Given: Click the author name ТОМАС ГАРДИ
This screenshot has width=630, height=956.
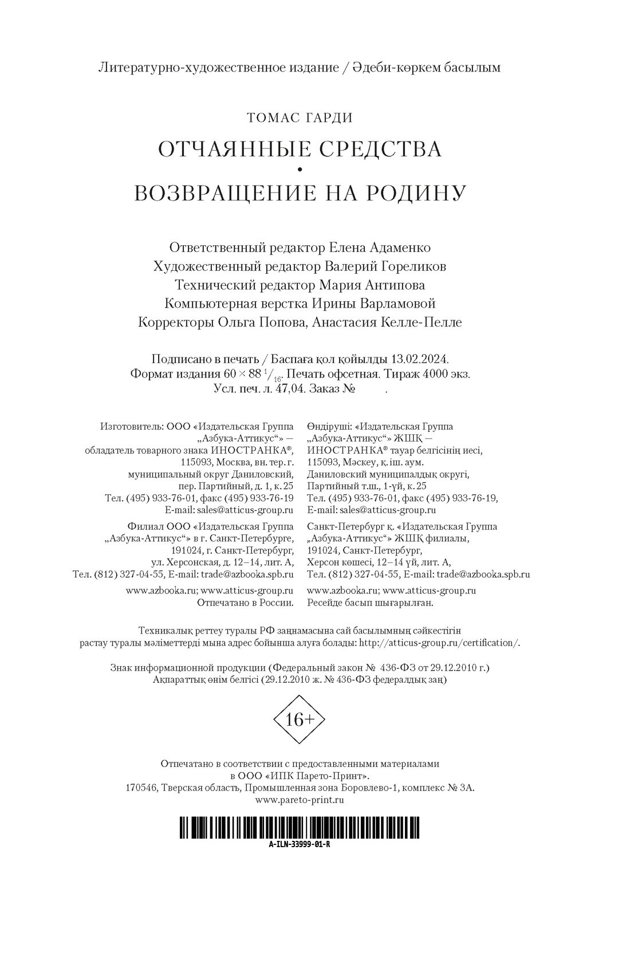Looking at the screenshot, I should click(x=300, y=118).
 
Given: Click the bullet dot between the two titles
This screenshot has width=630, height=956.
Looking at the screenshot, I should click(x=300, y=170).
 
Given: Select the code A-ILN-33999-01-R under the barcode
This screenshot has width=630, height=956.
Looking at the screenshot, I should click(x=299, y=845).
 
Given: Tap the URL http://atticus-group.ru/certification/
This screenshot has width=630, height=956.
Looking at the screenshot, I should click(x=440, y=643).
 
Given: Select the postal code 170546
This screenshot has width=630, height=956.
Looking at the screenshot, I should click(x=141, y=788).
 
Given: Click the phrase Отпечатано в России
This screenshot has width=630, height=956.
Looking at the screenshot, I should click(x=246, y=603).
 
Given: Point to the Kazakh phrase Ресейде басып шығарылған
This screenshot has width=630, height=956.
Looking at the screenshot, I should click(x=371, y=603).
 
